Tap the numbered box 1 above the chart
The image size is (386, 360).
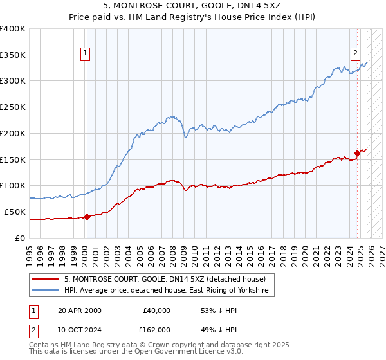pos(86,54)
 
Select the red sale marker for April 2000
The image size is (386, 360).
pos(87,217)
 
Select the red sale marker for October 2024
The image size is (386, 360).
pos(358,153)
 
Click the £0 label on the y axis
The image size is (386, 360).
pos(19,238)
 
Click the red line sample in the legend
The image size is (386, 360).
pos(46,280)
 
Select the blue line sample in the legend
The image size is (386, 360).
pos(46,291)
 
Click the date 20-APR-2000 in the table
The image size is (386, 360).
pos(78,310)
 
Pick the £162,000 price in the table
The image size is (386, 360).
pos(156,329)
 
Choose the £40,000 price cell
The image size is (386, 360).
pos(156,310)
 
